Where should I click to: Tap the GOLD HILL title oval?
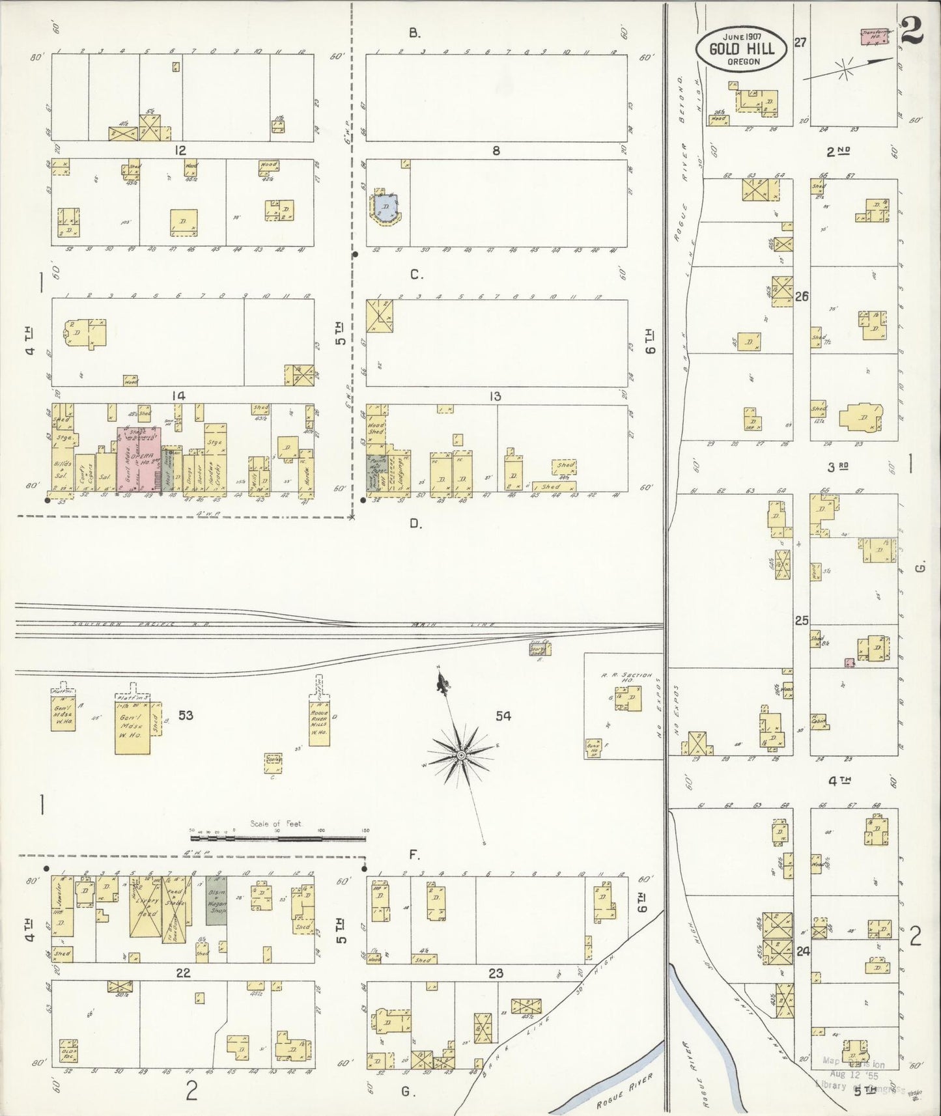(742, 49)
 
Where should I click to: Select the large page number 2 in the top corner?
(912, 31)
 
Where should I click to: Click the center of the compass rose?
(461, 755)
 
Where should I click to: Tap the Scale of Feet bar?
(278, 838)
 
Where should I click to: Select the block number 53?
(186, 716)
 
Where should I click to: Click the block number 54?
(503, 716)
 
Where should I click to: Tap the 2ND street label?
(839, 151)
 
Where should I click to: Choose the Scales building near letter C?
(274, 761)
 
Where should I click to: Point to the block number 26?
(802, 296)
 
